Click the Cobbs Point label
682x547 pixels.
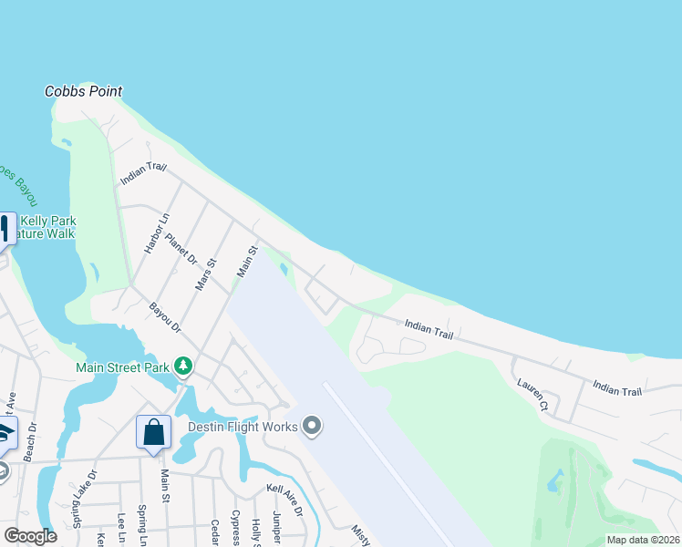coord(84,91)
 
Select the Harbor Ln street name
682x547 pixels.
coord(158,232)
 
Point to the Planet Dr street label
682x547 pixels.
coord(187,246)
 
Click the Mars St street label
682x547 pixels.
coord(206,273)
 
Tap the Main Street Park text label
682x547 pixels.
coord(124,367)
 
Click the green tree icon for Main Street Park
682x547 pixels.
coord(184,366)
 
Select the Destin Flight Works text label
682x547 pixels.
coord(243,427)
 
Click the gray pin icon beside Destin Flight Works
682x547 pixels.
coord(313,426)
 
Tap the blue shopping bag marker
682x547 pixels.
coord(153,432)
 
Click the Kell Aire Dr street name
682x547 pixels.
coord(284,501)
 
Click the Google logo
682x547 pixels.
coord(30,535)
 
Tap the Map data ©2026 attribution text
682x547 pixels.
coord(642,540)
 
